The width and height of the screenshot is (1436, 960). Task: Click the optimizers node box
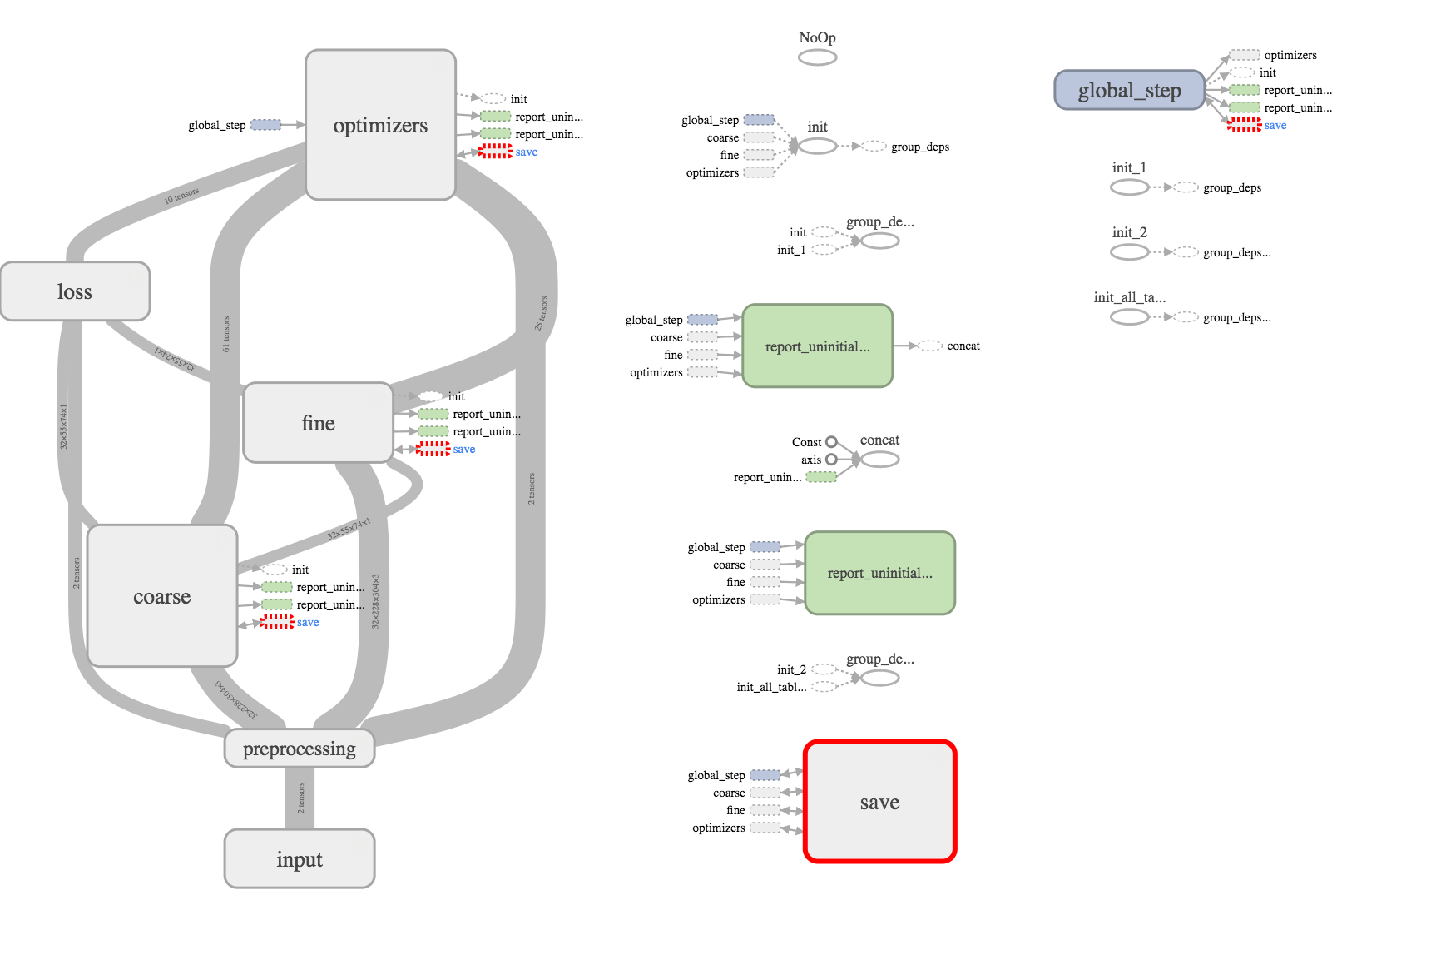(x=380, y=125)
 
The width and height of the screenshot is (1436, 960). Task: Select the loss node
(x=75, y=291)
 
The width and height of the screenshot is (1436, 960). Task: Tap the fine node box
(x=318, y=423)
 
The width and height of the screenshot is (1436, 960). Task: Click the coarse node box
(x=162, y=596)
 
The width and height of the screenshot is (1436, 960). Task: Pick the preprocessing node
(x=300, y=749)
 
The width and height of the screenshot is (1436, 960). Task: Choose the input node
(x=300, y=858)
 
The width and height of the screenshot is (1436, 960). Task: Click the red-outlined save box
(x=879, y=802)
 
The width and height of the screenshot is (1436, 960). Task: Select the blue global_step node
(x=1129, y=90)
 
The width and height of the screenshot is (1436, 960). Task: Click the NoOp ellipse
(x=817, y=57)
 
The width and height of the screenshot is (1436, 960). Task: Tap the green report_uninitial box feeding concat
(x=817, y=346)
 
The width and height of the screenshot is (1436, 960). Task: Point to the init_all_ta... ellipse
(x=1129, y=317)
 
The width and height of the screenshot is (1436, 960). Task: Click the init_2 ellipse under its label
(x=1129, y=252)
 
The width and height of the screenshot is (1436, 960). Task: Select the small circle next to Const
(x=831, y=442)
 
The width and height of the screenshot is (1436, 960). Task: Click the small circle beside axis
(x=831, y=460)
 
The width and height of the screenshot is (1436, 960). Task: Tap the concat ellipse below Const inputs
(x=880, y=460)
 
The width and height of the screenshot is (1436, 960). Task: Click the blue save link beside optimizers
(x=527, y=152)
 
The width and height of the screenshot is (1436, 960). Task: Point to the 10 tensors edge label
(x=181, y=196)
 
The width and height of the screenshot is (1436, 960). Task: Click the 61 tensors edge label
(x=225, y=334)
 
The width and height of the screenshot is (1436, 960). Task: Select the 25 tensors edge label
(x=541, y=313)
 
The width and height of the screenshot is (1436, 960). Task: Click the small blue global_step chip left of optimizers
(x=265, y=125)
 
